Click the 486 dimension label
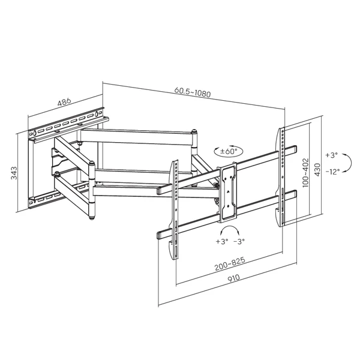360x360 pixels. pos(64,102)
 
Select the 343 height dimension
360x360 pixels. pos(14,173)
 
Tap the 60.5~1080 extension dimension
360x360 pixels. pos(193,92)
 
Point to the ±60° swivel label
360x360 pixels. pos(229,151)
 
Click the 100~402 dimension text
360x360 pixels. pos(305,173)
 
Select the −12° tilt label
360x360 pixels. pos(332,172)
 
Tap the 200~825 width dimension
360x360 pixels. pos(230,264)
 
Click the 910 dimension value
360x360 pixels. pos(233,278)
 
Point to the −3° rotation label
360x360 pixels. pos(239,241)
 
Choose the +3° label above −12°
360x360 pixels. pos(332,155)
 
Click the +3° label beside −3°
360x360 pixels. pos(222,241)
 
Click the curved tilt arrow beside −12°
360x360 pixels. pos(351,163)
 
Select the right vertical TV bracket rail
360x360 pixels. pos(281,177)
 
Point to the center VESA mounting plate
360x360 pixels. pos(228,193)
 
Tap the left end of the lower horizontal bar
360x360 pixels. pos(158,236)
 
